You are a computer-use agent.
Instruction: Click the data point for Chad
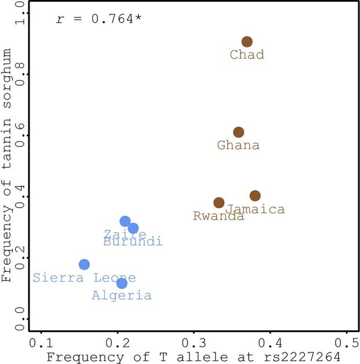pos(247,42)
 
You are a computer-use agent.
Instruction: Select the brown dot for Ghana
pos(238,132)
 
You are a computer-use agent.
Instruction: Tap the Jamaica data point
pos(255,196)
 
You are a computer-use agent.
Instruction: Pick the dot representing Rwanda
pos(219,203)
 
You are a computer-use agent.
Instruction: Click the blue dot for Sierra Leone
pos(84,264)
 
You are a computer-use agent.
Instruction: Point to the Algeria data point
pos(122,283)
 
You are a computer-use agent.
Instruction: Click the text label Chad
pos(247,55)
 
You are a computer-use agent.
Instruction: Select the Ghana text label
pos(238,145)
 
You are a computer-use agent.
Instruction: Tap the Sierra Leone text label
pos(84,278)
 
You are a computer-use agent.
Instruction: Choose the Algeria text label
pos(122,296)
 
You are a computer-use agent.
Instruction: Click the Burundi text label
pos(133,242)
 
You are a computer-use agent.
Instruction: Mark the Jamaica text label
pos(256,210)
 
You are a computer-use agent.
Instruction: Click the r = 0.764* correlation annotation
pos(99,19)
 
